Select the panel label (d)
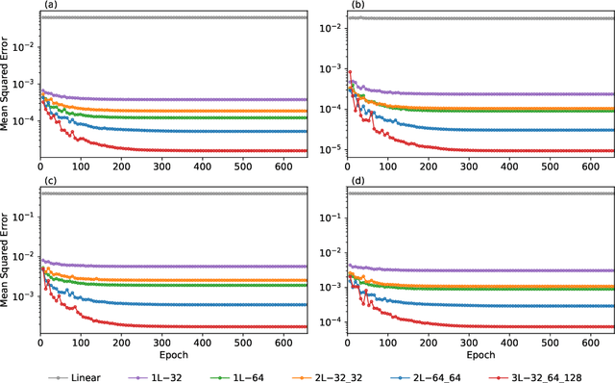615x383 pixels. pos(354,182)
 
